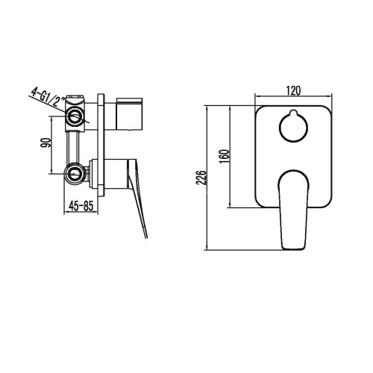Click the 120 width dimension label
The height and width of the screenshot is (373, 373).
[x=292, y=90]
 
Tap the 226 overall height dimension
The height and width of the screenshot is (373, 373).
[x=198, y=176]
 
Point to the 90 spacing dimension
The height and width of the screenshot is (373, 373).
[x=47, y=144]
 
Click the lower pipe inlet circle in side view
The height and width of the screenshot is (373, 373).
[x=75, y=173]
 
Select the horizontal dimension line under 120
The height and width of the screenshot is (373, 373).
[x=292, y=97]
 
